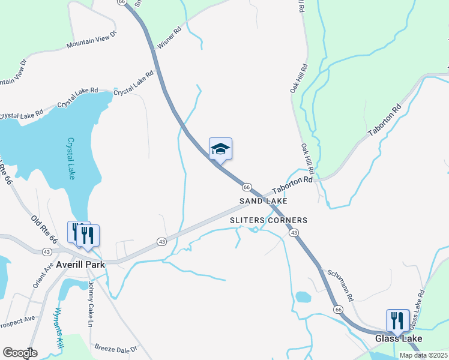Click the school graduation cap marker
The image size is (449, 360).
click(x=220, y=150)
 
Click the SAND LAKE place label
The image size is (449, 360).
click(x=263, y=201)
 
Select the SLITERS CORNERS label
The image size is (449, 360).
click(x=269, y=220)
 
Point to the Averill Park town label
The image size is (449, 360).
click(x=79, y=264)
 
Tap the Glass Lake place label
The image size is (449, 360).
click(x=399, y=339)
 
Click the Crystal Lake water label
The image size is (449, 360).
click(x=71, y=159)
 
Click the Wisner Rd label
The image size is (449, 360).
click(x=169, y=37)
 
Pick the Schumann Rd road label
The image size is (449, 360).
click(x=341, y=285)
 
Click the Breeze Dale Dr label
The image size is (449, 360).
click(x=116, y=348)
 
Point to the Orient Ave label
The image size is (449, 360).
click(x=43, y=274)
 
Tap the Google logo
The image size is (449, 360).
click(x=20, y=353)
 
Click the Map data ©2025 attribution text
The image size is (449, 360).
click(x=423, y=355)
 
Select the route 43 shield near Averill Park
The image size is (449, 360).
click(x=161, y=241)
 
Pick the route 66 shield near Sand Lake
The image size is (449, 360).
click(x=246, y=187)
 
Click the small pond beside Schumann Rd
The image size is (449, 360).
click(x=303, y=297)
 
